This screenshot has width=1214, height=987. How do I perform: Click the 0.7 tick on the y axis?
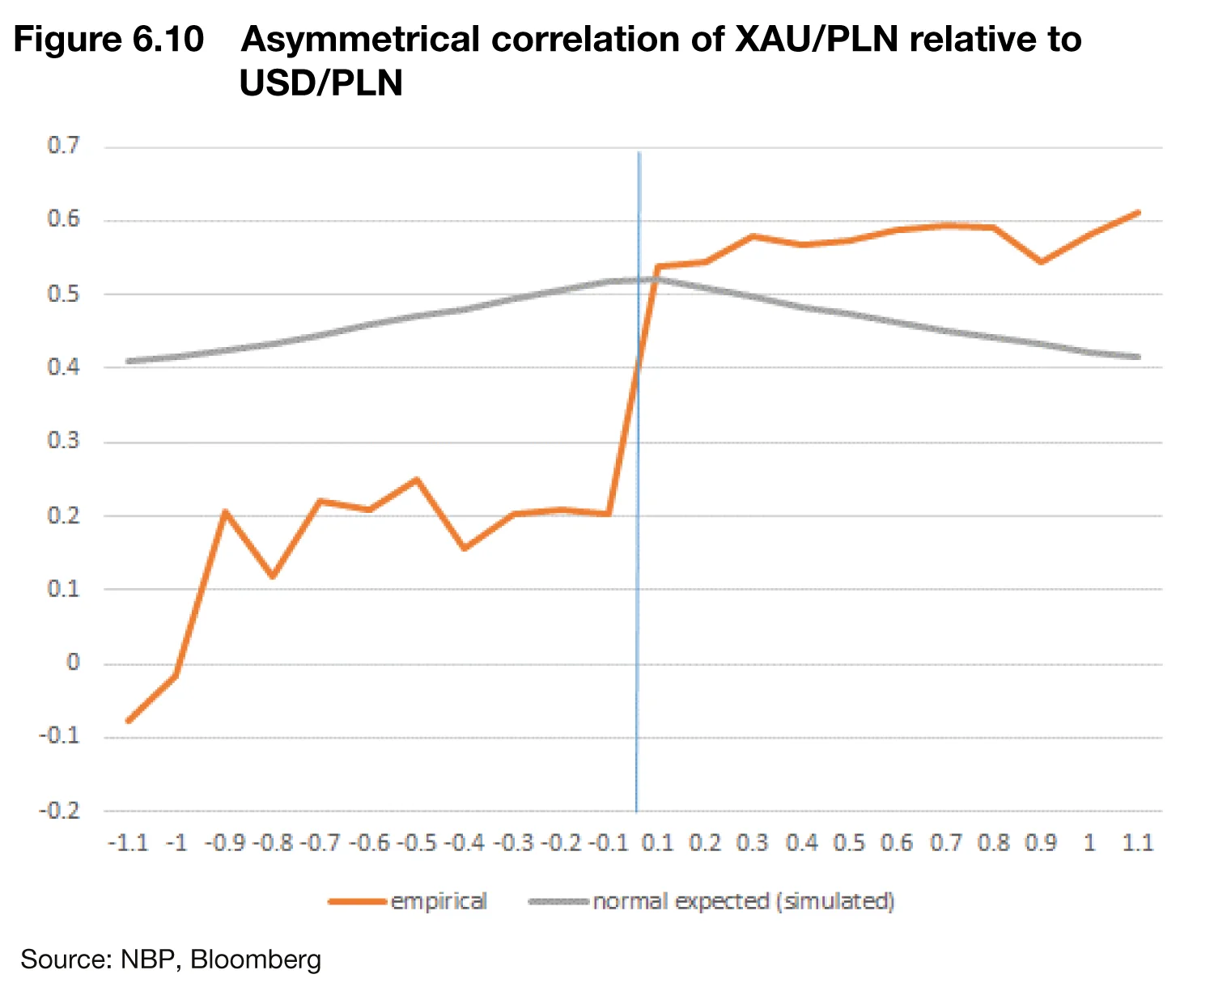coord(64,146)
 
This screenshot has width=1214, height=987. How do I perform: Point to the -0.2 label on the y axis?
coord(60,811)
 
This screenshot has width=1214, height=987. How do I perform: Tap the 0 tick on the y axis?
coord(73,663)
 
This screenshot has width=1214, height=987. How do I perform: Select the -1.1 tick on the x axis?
coord(129,843)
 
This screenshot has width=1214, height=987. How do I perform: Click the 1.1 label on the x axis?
coord(1138,843)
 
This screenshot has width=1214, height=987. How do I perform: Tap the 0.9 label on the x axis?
coord(1042,843)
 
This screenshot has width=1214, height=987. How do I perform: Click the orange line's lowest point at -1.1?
coord(129,720)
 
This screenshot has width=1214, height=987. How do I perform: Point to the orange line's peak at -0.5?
coord(417,479)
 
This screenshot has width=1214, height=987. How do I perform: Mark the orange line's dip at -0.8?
coord(273,577)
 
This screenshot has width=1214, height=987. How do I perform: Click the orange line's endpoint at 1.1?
coord(1138,212)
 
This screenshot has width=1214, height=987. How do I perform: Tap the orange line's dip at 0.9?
coord(1042,262)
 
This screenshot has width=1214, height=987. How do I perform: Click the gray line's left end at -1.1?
coord(129,361)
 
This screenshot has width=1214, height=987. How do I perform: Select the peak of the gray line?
coord(639,280)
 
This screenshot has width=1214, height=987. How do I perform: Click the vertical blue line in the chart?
coord(638,566)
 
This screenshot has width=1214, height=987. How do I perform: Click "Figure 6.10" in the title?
coord(109,39)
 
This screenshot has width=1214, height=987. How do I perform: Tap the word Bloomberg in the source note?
coord(256,959)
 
